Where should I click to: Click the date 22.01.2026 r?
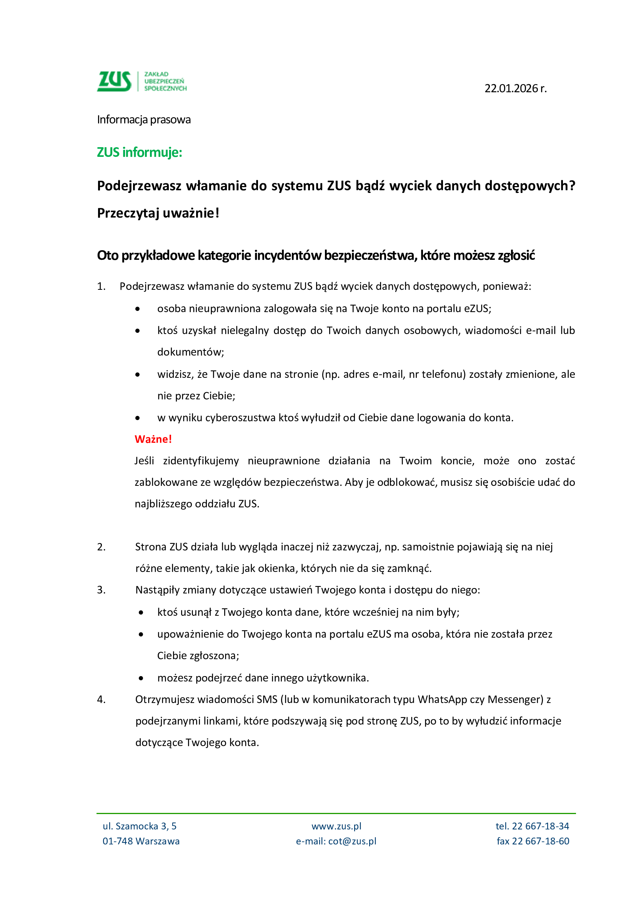click(515, 88)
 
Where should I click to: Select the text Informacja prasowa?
click(144, 120)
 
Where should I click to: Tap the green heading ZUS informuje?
click(140, 152)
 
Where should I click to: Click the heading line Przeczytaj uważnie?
click(158, 213)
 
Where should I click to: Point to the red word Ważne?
click(153, 439)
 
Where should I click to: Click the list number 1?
click(101, 286)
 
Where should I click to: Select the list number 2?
click(101, 547)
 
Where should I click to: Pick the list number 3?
click(101, 590)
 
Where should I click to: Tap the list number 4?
click(101, 699)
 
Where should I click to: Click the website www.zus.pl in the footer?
click(336, 826)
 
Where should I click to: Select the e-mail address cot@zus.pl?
click(352, 841)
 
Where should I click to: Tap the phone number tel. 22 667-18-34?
click(532, 826)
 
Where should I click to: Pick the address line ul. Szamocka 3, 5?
click(140, 826)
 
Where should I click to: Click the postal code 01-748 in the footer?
click(116, 841)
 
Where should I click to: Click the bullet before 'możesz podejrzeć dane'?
click(141, 678)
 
